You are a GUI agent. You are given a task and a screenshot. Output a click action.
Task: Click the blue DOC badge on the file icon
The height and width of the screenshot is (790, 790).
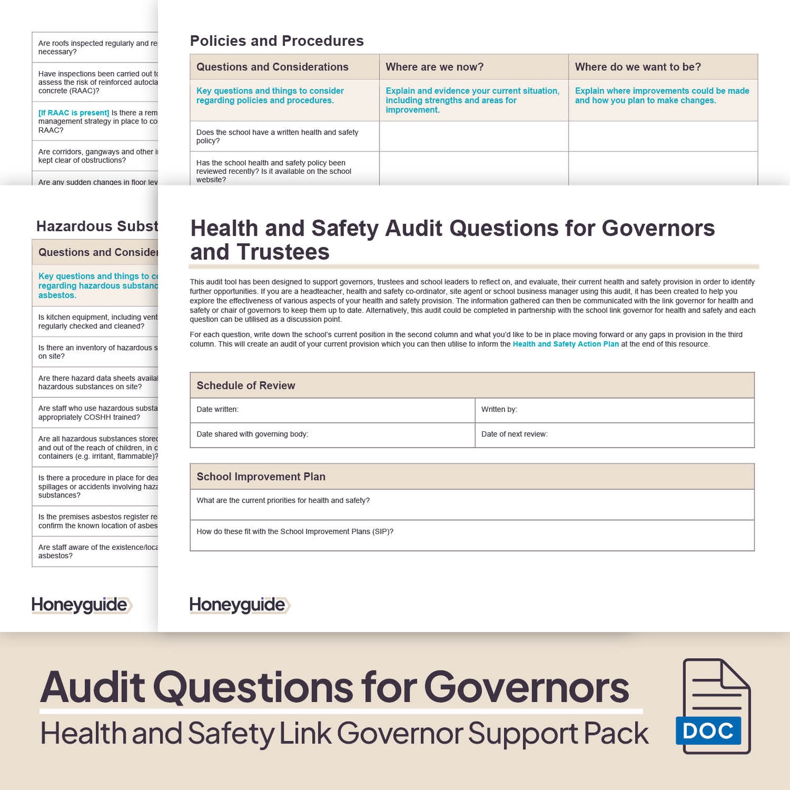[x=708, y=731]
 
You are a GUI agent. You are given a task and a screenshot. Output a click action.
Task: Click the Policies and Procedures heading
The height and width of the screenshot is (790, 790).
[x=277, y=41]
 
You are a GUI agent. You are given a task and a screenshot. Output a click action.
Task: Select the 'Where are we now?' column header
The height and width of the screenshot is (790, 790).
[x=435, y=67]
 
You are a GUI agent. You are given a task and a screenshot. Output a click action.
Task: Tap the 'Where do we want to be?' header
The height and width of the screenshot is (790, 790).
[x=637, y=67]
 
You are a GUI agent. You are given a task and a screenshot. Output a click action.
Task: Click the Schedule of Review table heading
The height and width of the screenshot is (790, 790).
[x=246, y=385]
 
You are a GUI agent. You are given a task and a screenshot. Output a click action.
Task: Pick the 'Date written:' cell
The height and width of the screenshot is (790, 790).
[x=218, y=409]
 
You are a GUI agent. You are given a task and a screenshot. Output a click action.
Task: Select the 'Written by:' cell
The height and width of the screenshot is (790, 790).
[x=499, y=409]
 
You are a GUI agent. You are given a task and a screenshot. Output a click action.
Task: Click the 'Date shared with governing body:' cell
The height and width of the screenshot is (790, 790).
[x=253, y=434]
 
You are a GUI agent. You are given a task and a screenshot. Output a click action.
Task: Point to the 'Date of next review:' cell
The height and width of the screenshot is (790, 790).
[x=514, y=434]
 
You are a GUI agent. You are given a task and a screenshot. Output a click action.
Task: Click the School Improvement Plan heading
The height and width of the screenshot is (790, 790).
[x=261, y=477]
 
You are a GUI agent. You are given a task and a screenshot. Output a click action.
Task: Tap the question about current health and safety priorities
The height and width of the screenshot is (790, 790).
[x=283, y=500]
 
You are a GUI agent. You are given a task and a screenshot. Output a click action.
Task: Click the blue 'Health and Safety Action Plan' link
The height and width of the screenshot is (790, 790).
[x=566, y=344]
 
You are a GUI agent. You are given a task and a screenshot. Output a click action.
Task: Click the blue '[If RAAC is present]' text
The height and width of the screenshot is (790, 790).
[x=74, y=113]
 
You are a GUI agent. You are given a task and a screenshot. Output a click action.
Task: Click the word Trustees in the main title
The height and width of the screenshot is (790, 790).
[x=283, y=252]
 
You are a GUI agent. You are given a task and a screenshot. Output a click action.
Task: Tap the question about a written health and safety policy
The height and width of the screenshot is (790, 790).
[x=277, y=136]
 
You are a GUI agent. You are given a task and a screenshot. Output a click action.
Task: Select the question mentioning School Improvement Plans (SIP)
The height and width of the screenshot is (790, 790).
[x=295, y=531]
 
